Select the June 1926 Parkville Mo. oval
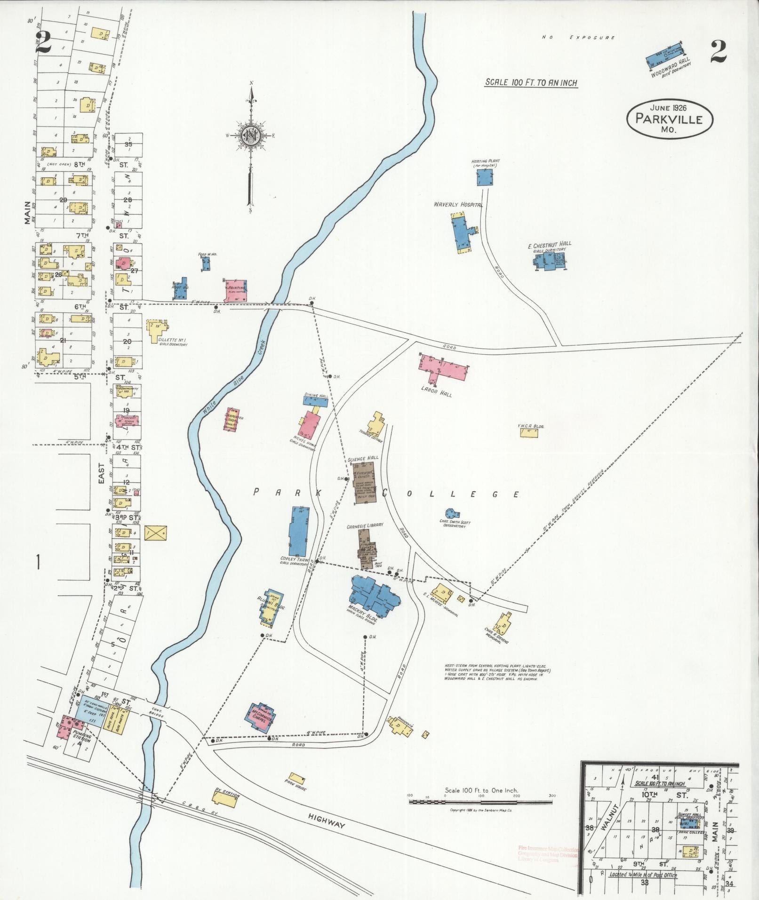coord(670,119)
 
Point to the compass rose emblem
coord(251,135)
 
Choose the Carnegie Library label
coord(365,525)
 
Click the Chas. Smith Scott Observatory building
coord(452,513)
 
